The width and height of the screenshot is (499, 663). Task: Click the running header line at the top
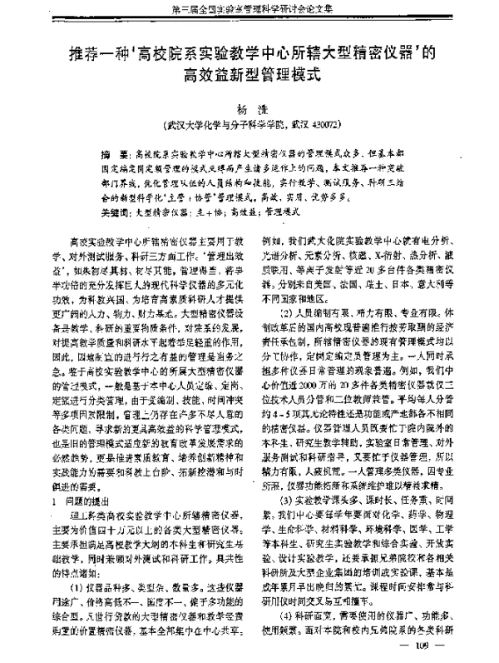coord(249,9)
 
